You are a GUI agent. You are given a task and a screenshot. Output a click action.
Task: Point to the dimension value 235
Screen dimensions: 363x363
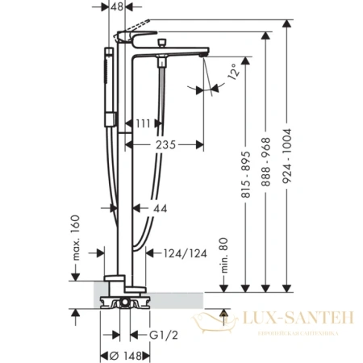pos(167,146)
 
